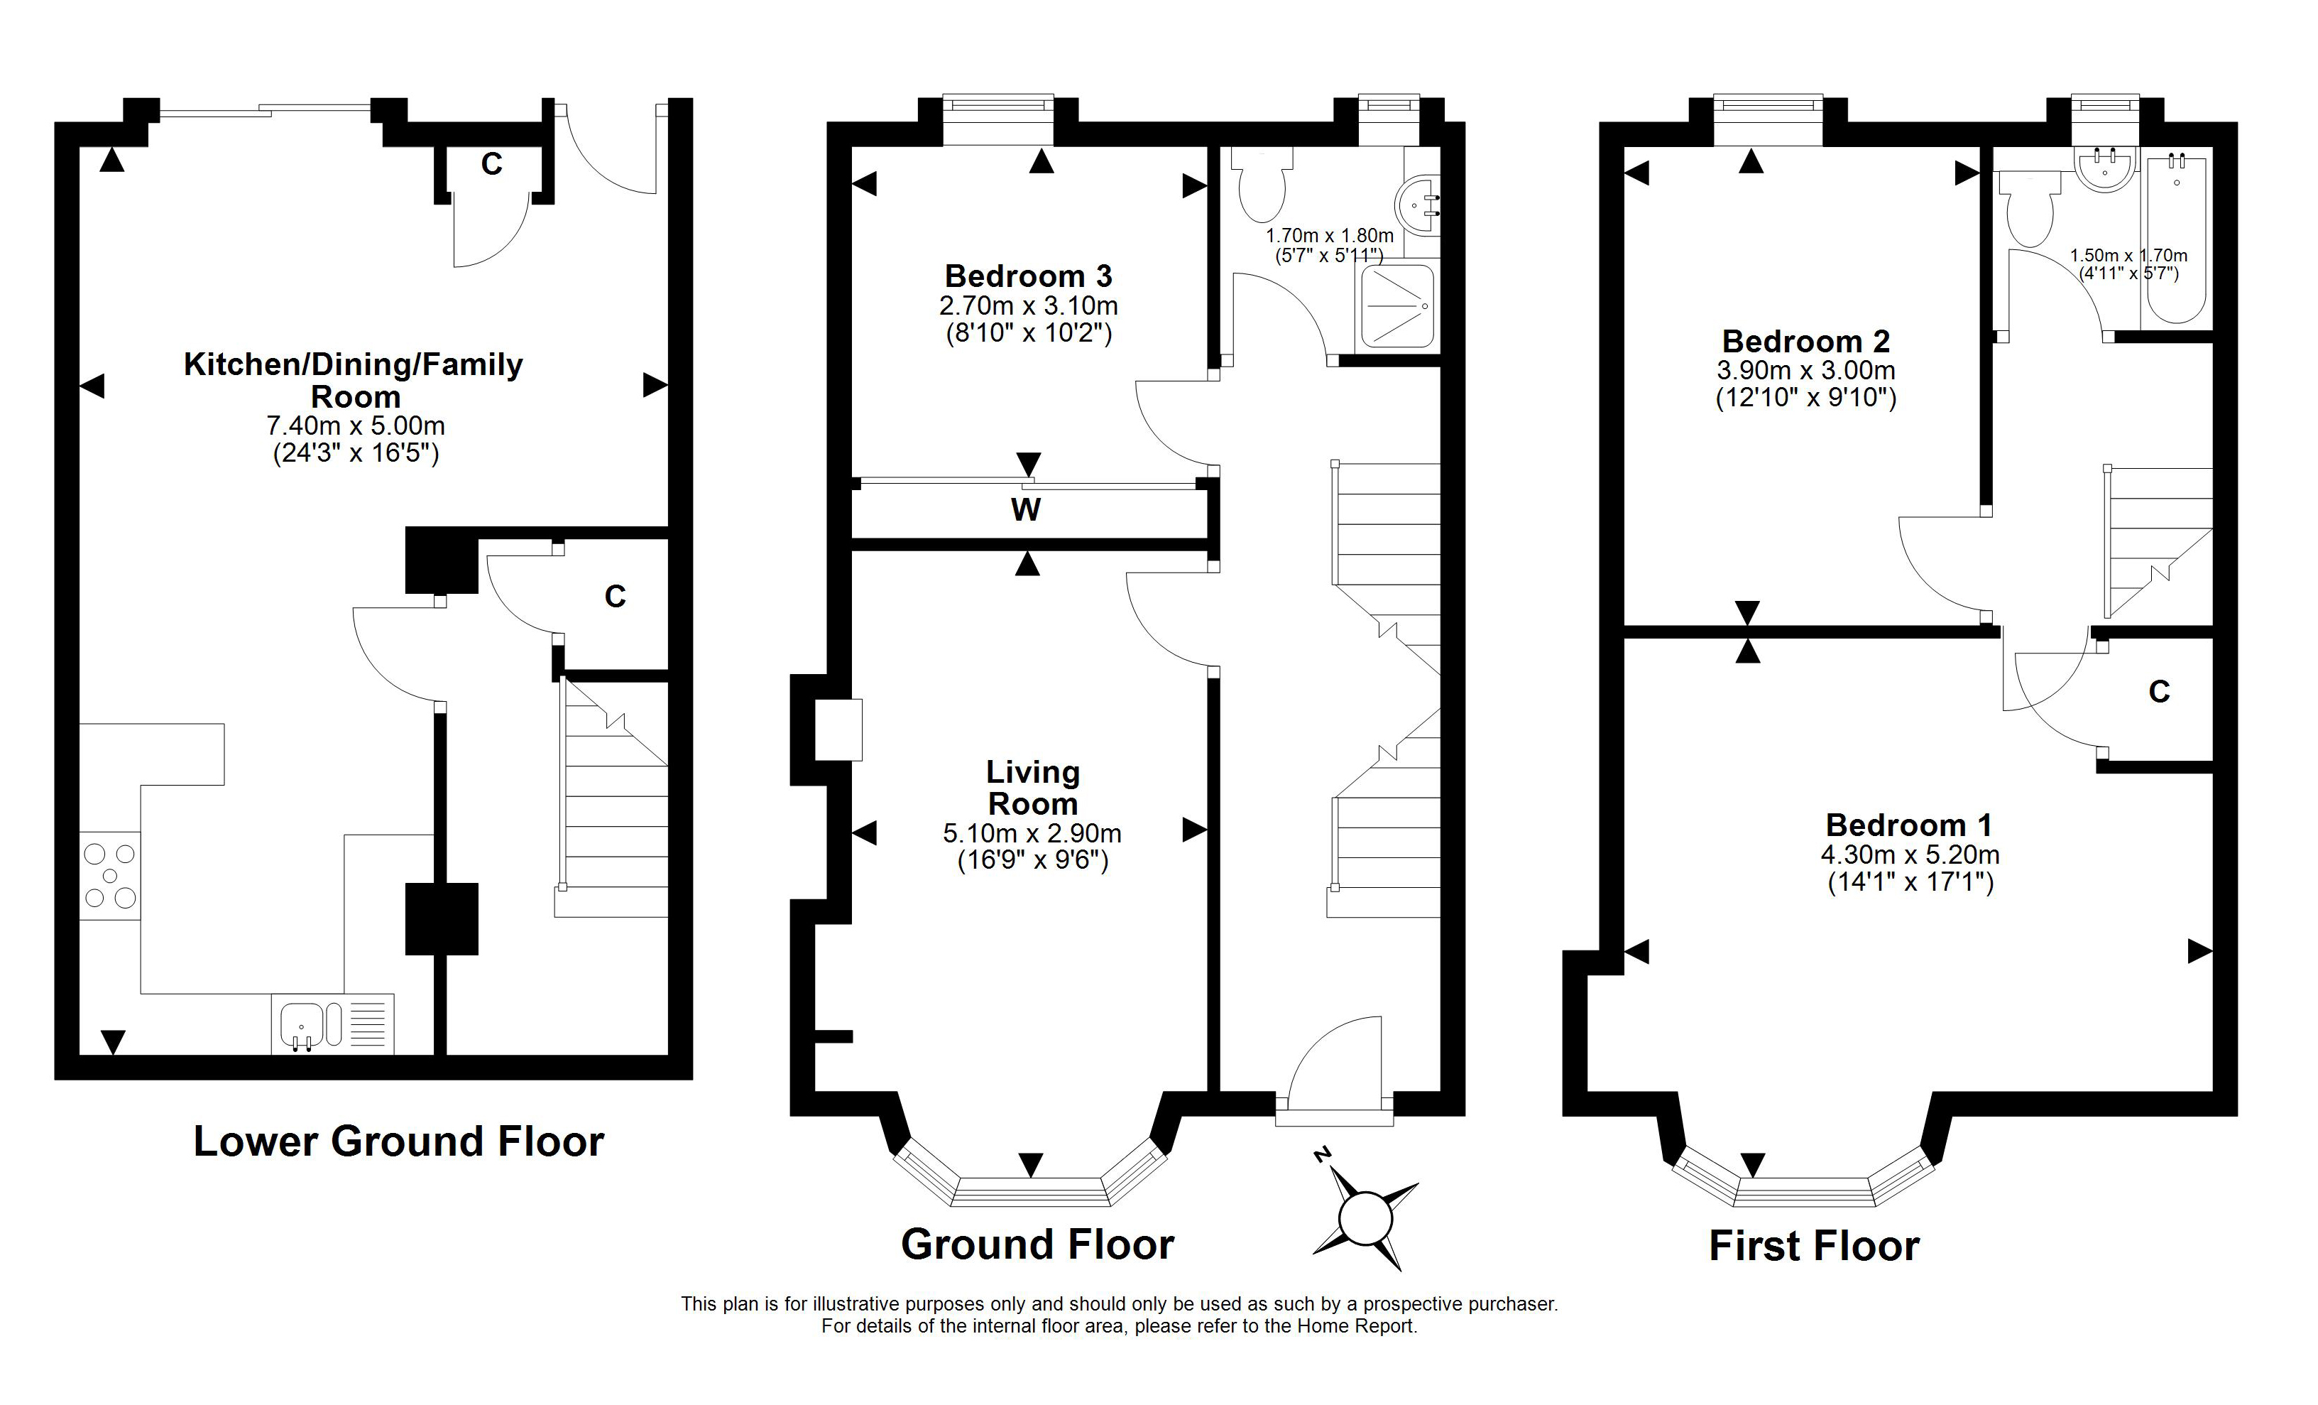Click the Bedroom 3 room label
1028,277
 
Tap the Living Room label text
1033,788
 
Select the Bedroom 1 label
1909,825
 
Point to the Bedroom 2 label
1805,341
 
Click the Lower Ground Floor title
399,1141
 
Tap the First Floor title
1814,1246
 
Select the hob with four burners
110,876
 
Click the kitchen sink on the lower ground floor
333,1024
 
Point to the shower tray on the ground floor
1398,306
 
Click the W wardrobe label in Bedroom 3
1025,510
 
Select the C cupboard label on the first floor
2159,692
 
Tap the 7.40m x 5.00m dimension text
356,426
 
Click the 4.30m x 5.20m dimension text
1910,855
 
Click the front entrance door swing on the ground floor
1335,1060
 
